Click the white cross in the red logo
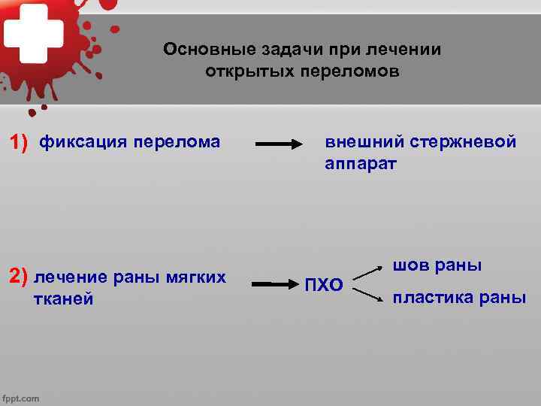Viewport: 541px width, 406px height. click(35, 31)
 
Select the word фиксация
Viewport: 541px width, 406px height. click(83, 141)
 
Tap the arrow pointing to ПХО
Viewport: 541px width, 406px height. click(274, 284)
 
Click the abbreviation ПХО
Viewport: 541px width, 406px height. click(324, 285)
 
